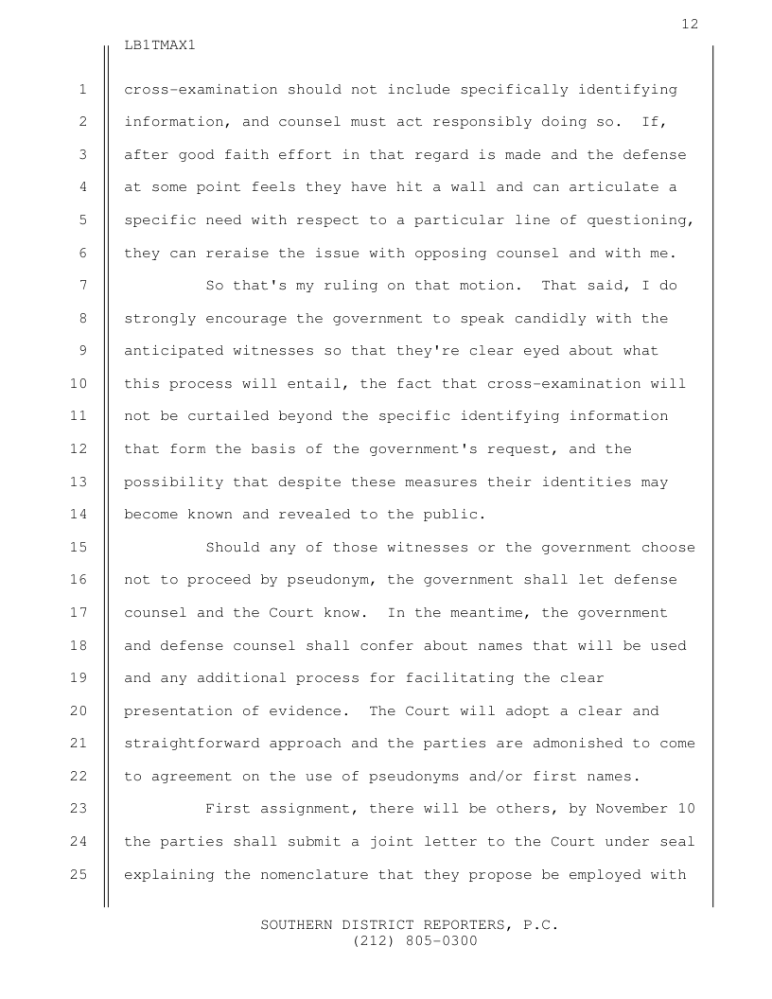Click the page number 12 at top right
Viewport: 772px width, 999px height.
tap(690, 24)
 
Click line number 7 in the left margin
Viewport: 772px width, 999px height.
tap(83, 286)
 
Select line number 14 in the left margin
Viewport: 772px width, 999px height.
tap(79, 515)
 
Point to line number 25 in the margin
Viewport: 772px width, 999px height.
tap(79, 875)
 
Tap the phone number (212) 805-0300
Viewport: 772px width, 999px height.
tap(414, 941)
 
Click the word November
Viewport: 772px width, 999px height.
tap(630, 810)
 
